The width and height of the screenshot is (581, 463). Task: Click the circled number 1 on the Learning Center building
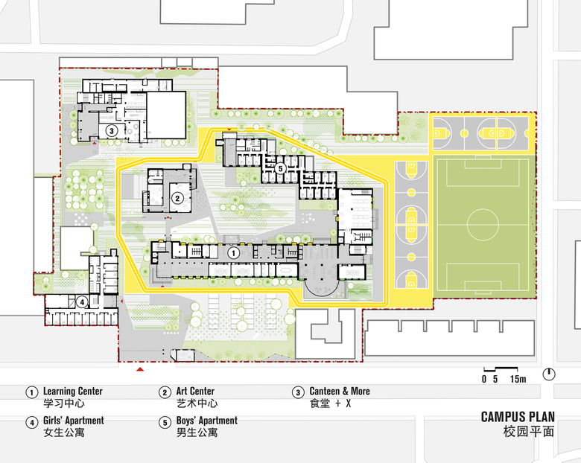coord(233,253)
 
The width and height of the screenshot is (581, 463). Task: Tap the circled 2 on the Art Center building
coord(177,198)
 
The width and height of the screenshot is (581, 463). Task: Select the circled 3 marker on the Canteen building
coord(112,130)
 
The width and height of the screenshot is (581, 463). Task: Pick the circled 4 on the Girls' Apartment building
coord(82,302)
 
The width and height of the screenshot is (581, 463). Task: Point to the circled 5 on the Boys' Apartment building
coord(281,168)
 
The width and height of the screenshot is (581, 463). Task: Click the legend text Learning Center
coord(73,391)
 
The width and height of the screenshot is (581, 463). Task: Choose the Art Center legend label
coord(195,391)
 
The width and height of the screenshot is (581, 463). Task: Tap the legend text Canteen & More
coord(340,391)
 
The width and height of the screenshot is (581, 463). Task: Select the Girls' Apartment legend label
coord(73,421)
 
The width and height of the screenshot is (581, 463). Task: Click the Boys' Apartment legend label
coord(207,421)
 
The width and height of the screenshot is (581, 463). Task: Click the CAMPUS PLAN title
coord(518,417)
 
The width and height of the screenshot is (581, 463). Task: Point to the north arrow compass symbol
coord(549,374)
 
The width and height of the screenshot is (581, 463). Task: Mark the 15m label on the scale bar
coord(518,379)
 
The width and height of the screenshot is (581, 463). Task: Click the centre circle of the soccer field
coord(483,225)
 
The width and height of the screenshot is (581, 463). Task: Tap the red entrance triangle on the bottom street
coord(140,369)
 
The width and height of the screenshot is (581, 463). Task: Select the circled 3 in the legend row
coord(298,392)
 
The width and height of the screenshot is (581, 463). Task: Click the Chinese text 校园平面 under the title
coord(529,432)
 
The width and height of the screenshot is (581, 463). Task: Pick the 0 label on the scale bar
coord(484,379)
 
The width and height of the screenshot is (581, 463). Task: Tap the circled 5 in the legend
coord(165,422)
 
